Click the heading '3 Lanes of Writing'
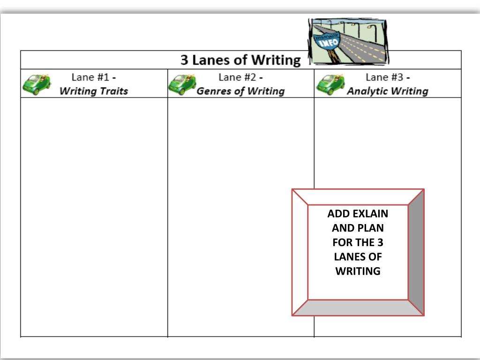click(x=240, y=60)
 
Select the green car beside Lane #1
click(x=37, y=84)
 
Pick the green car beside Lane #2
click(x=183, y=84)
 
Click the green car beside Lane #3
click(x=330, y=84)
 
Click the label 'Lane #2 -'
click(x=240, y=77)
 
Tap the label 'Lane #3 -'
click(x=388, y=77)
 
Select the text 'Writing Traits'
click(x=94, y=91)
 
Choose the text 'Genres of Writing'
click(x=240, y=91)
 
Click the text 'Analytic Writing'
click(x=388, y=91)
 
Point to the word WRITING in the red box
click(x=358, y=271)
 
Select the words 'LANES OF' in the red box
click(x=358, y=257)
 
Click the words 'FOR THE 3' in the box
click(x=358, y=242)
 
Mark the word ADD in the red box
click(x=338, y=214)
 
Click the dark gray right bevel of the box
click(x=416, y=252)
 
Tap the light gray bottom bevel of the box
click(x=358, y=307)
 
